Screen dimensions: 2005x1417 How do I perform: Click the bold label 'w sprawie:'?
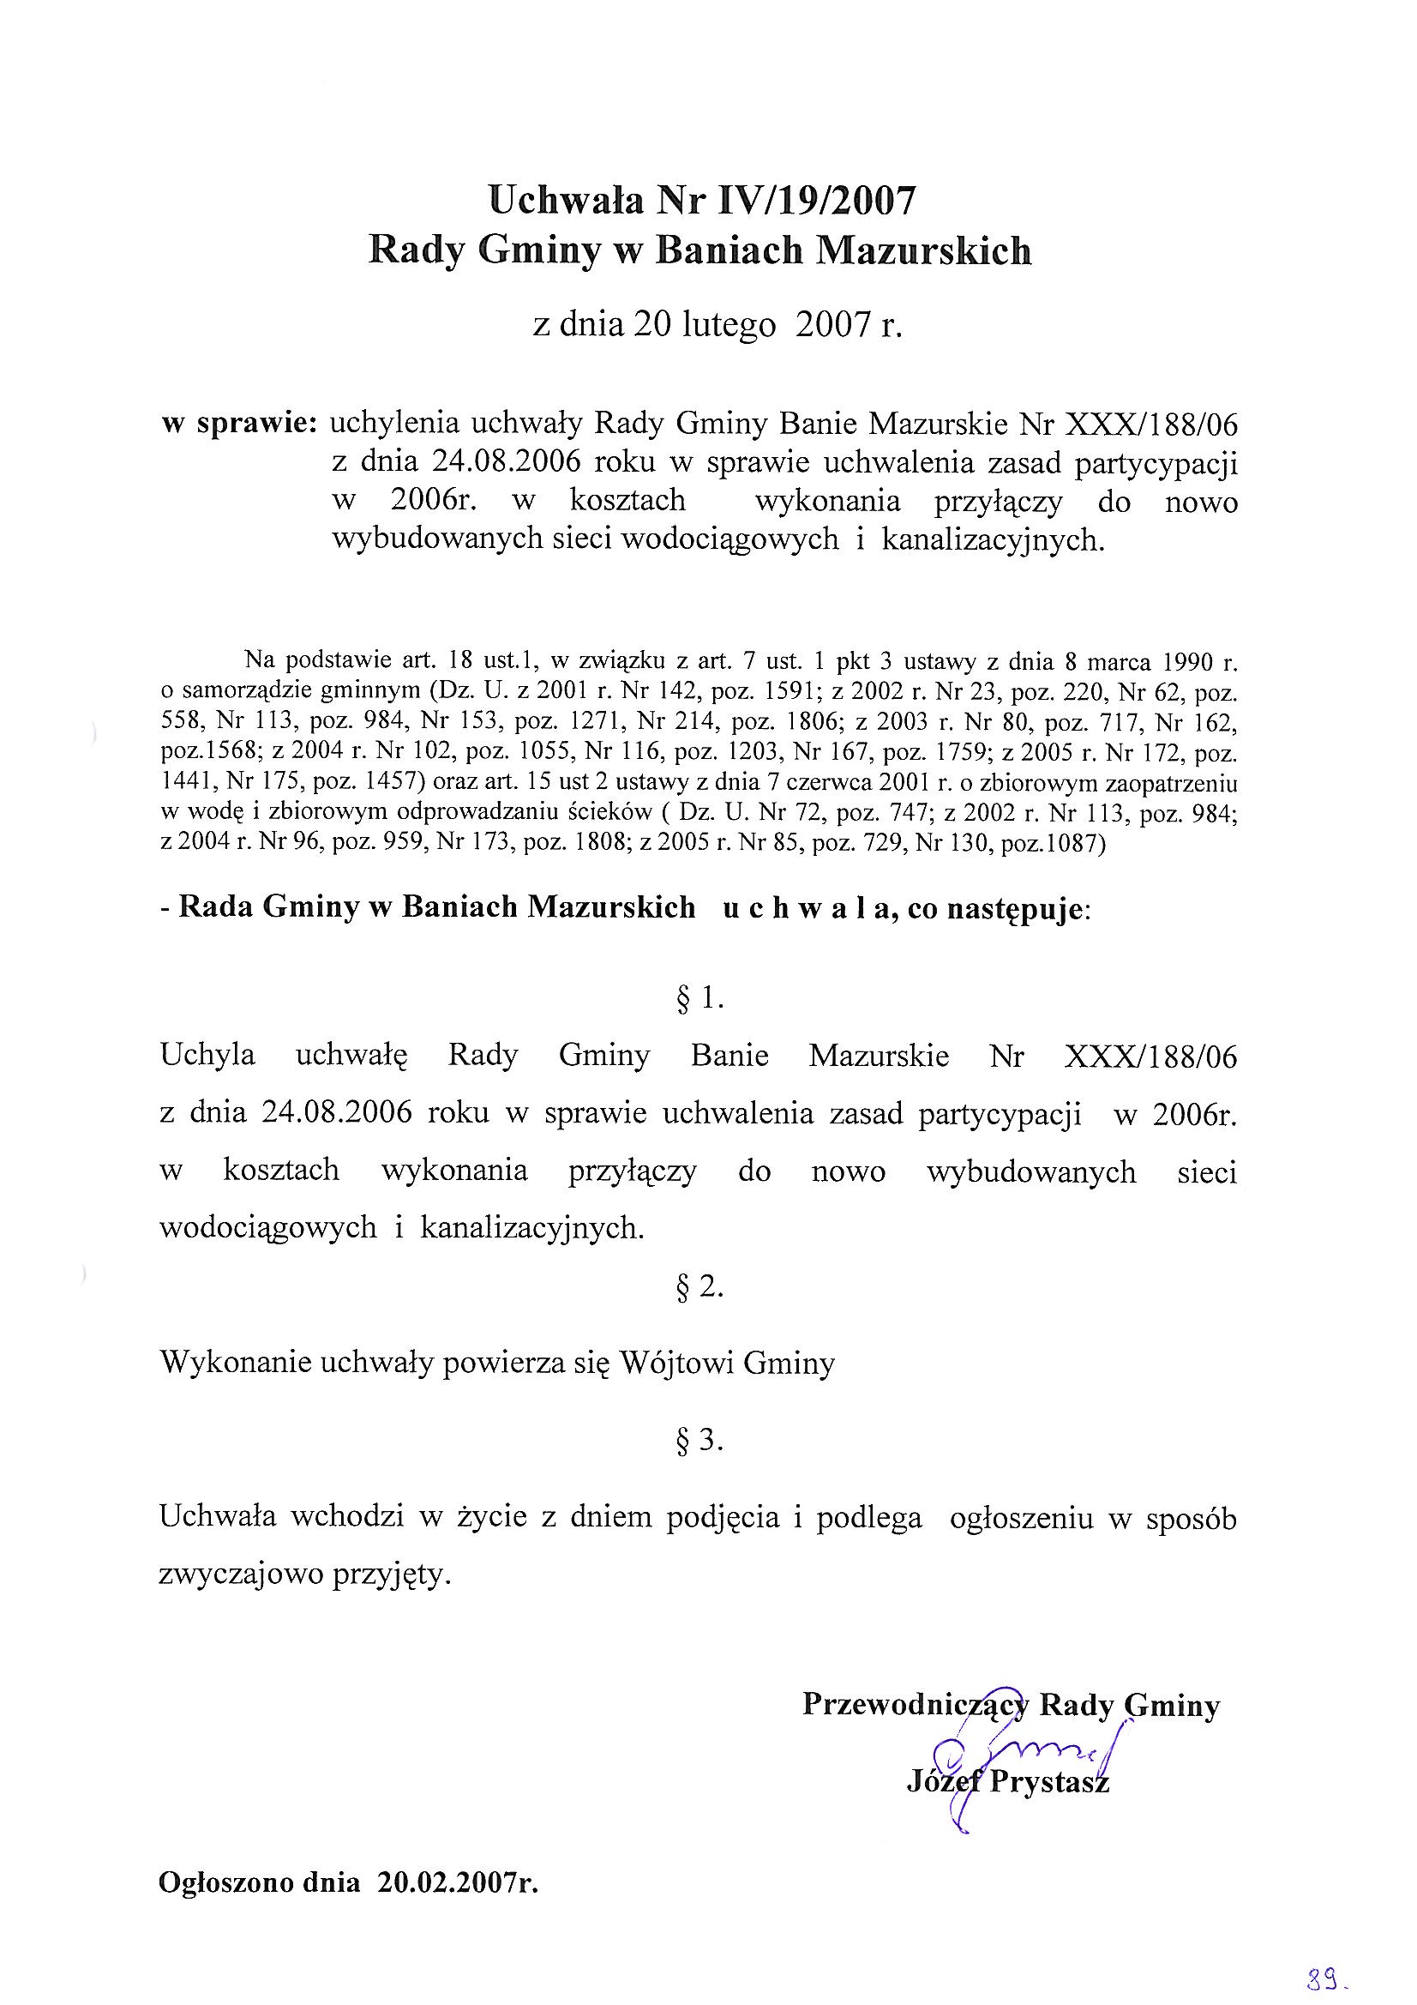coord(239,424)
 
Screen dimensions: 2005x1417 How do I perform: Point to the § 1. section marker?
coord(700,999)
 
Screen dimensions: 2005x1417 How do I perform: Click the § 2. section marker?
coord(700,1287)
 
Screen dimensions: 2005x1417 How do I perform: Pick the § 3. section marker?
coord(700,1441)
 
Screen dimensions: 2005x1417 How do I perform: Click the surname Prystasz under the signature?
coord(1048,1782)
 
